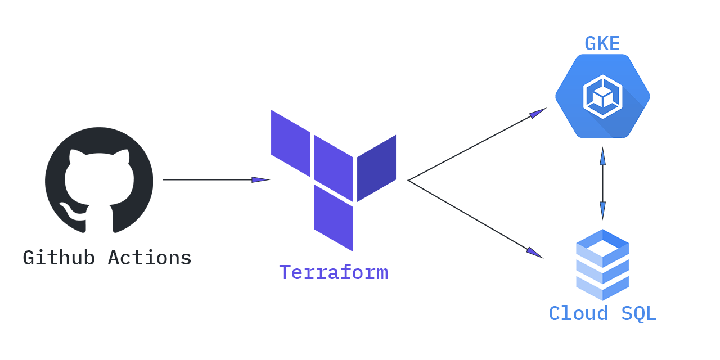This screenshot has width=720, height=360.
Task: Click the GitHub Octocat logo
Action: (99, 179)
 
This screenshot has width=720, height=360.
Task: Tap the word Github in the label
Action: (58, 258)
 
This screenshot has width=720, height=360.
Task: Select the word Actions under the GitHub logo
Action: (150, 258)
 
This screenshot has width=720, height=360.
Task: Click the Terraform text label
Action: (334, 272)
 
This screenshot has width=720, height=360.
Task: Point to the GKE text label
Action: (602, 43)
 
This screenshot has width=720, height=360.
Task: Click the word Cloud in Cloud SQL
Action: (579, 313)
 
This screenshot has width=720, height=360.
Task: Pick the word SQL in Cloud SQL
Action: (638, 313)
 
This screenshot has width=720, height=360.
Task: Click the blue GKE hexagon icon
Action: (602, 96)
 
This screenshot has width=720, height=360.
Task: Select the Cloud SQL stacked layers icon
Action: (602, 264)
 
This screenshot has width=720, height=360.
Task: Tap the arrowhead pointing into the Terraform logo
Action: (261, 180)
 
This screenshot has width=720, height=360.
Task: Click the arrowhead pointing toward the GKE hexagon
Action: (538, 112)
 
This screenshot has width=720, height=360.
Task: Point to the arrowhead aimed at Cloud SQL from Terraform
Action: (534, 253)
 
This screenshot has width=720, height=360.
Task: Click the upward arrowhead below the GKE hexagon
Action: (602, 156)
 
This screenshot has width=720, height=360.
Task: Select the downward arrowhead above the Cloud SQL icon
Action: (602, 210)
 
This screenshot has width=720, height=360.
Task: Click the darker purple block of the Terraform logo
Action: (377, 168)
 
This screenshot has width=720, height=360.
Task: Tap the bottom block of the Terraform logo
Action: (334, 218)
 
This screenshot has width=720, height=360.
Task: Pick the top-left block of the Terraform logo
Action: (290, 143)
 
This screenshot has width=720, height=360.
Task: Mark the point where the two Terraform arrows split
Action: (408, 180)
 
